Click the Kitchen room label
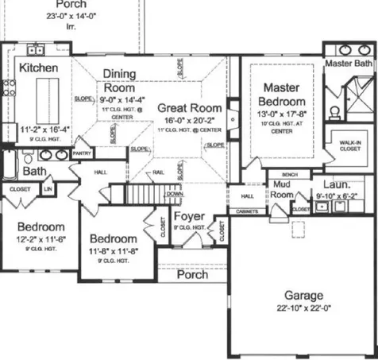click(x=39, y=68)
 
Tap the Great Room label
click(x=188, y=107)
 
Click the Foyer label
click(x=189, y=216)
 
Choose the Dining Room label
click(x=119, y=81)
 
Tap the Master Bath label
click(x=349, y=63)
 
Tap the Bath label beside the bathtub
click(x=34, y=171)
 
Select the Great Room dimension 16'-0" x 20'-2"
click(x=188, y=120)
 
